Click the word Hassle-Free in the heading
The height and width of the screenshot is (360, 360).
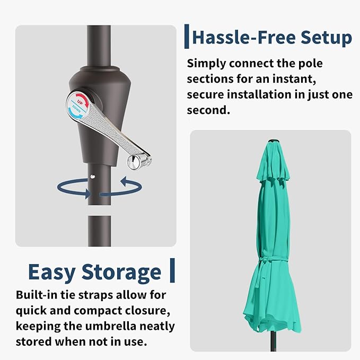[x=244, y=37]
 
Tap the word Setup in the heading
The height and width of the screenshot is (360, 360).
[x=326, y=38]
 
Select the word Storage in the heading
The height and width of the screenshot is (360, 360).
[x=121, y=273]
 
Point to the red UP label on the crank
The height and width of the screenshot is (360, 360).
[x=80, y=101]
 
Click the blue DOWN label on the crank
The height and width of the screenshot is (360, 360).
[x=76, y=108]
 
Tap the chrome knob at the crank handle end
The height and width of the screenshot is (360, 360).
[x=134, y=162]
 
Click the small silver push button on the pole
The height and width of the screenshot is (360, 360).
[x=93, y=177]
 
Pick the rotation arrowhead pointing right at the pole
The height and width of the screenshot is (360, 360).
[x=87, y=193]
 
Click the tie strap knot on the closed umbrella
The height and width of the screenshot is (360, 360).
[x=262, y=260]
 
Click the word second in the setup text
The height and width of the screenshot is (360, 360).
[x=207, y=110]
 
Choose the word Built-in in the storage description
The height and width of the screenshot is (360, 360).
[x=36, y=295]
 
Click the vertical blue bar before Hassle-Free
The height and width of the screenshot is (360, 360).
[x=187, y=36]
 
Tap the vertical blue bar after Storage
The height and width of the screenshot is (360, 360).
[x=172, y=270]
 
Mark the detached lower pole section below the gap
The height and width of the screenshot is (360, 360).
[x=100, y=231]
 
